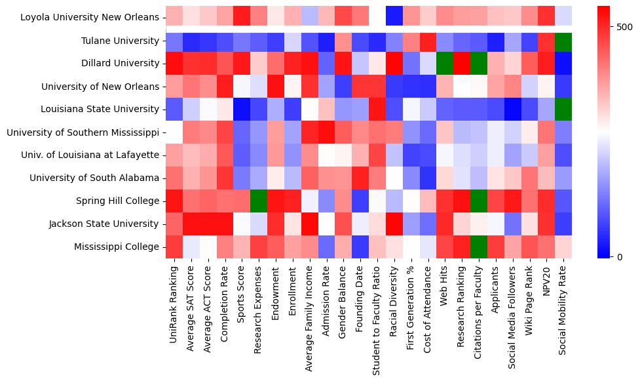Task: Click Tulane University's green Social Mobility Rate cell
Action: [x=563, y=41]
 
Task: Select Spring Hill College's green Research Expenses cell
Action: [x=259, y=201]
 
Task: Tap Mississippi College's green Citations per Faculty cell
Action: [x=479, y=247]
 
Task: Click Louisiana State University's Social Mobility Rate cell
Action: [x=563, y=109]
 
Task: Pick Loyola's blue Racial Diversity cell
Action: [x=394, y=18]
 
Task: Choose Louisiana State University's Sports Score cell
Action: [x=242, y=109]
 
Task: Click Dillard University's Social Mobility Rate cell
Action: [x=563, y=64]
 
